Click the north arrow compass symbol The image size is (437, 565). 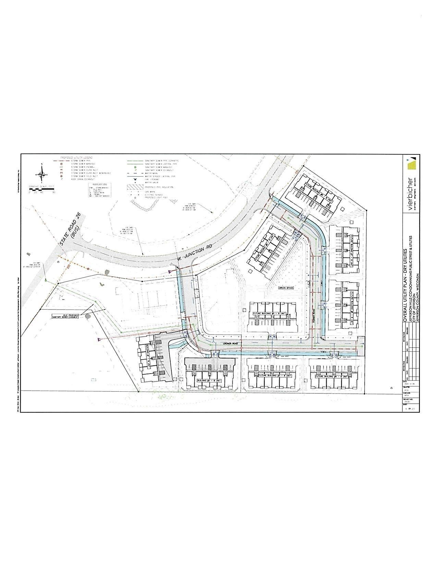tap(42, 173)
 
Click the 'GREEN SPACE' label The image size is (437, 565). tap(286, 288)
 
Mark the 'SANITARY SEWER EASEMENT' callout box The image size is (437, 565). tap(66, 316)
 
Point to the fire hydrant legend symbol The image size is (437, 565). tap(136, 179)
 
